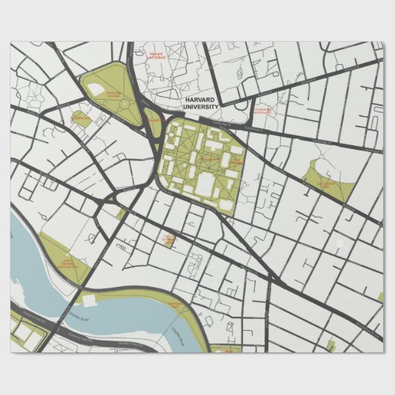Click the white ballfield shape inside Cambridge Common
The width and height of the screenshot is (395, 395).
(96, 89)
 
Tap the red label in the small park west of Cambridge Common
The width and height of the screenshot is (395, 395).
(80, 118)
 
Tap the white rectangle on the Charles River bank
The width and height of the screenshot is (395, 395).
(89, 300)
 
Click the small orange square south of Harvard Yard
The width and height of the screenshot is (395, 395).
(166, 238)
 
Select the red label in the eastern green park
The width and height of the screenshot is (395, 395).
(326, 183)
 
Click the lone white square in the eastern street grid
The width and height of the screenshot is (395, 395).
(339, 244)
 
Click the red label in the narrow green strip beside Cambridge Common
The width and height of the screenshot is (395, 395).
(154, 119)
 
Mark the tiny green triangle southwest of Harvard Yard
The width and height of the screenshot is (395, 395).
(121, 215)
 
